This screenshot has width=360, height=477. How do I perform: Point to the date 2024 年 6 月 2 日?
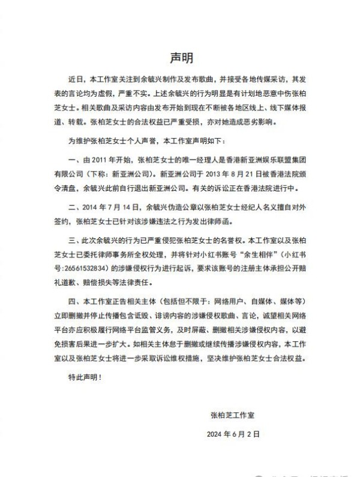point(234,434)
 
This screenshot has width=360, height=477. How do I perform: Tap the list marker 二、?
point(74,206)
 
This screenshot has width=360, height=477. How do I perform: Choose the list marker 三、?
point(74,238)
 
